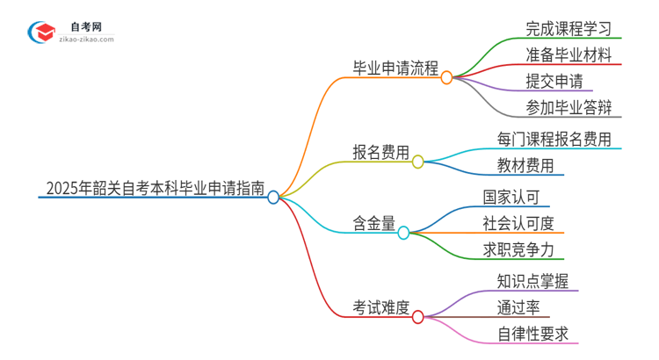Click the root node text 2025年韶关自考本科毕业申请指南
(153, 186)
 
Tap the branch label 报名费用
(380, 152)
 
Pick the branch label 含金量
(373, 222)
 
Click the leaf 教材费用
(525, 164)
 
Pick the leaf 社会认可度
(518, 222)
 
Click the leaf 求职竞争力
(518, 249)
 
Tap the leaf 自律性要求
(532, 334)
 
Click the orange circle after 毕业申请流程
(446, 77)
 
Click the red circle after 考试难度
(418, 316)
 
